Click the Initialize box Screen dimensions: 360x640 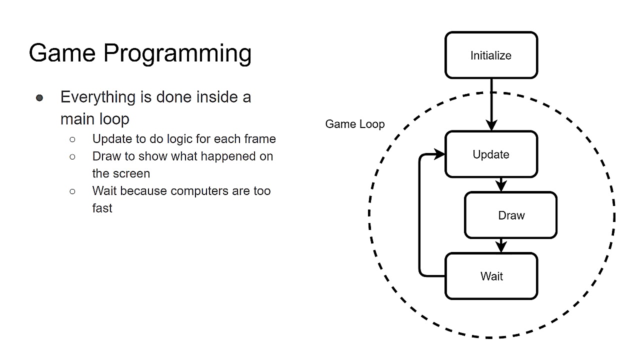coord(491,55)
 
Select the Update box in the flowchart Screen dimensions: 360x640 coord(491,154)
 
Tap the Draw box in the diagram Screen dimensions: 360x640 coord(511,215)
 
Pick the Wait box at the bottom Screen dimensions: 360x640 coord(491,276)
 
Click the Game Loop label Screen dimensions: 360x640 coord(354,124)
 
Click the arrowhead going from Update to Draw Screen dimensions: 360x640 coord(501,186)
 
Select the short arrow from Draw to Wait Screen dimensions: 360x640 coord(501,245)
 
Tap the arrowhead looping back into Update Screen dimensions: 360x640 coord(439,154)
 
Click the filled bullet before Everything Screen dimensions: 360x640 coord(39,97)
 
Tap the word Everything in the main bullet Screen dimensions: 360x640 coord(98,97)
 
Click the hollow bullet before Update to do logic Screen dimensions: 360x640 coord(72,139)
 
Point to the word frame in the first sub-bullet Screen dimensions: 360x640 coord(260,138)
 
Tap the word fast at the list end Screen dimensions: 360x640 coord(102,208)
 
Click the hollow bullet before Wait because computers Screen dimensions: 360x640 coord(72,191)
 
